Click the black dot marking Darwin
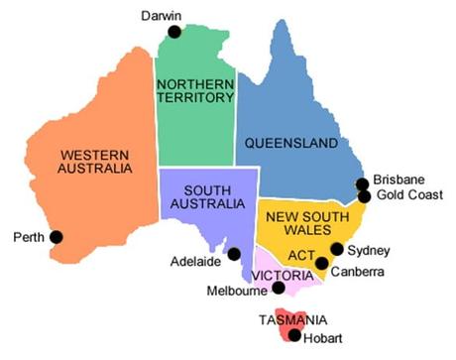(x=174, y=32)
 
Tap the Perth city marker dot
(x=57, y=236)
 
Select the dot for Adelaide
(x=234, y=254)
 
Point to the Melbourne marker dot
(x=279, y=288)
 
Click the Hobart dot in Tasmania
(x=294, y=335)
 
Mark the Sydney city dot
(x=337, y=249)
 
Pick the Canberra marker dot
(x=322, y=264)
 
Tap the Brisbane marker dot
(x=363, y=183)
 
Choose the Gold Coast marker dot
(x=364, y=196)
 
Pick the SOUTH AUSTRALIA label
(x=208, y=196)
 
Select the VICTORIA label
(x=284, y=275)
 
